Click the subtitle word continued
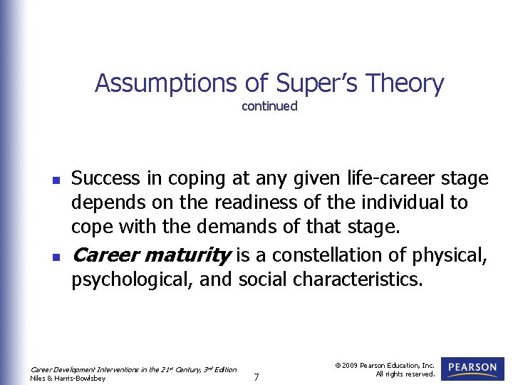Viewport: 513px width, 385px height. pyautogui.click(x=269, y=106)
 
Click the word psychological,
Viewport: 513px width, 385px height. pyautogui.click(x=133, y=279)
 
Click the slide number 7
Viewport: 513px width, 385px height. pyautogui.click(x=256, y=376)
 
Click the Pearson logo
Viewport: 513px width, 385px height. pyautogui.click(x=473, y=369)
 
